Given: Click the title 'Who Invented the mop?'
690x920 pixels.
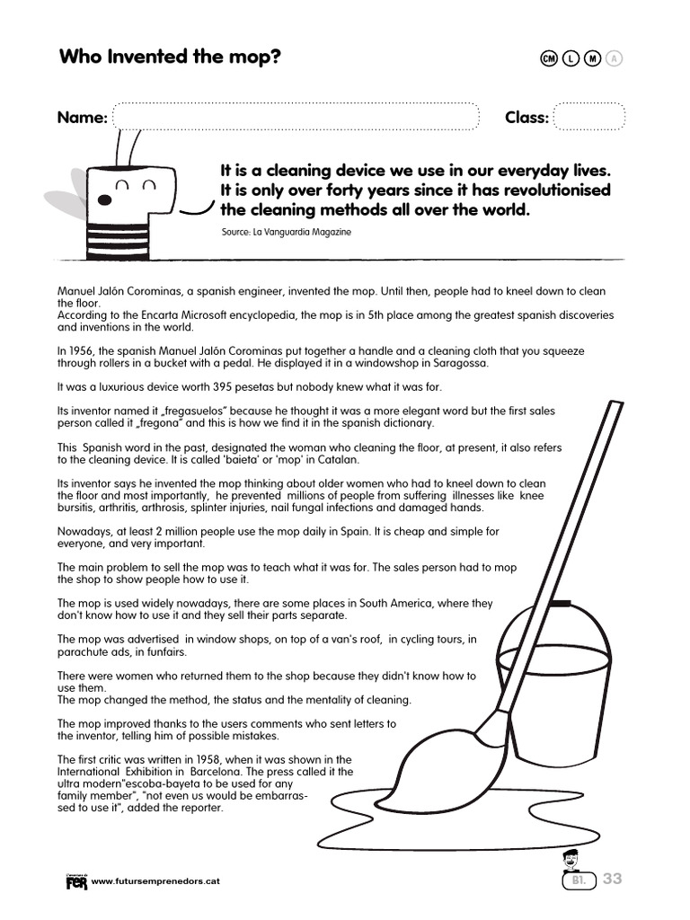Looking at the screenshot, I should click(x=170, y=57).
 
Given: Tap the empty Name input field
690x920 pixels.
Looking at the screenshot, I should click(x=296, y=118).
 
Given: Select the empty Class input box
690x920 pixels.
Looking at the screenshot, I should click(x=588, y=118).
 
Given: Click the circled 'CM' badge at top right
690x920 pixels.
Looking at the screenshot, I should click(x=549, y=59).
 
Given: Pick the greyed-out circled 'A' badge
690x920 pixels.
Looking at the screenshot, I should click(x=615, y=59).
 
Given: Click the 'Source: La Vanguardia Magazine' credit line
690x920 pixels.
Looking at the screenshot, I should click(x=286, y=232).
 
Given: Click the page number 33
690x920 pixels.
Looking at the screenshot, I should click(x=612, y=879).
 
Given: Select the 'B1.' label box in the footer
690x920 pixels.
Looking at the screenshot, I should click(x=579, y=880).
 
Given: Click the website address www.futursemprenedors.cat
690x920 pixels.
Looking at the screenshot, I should click(x=155, y=881).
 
